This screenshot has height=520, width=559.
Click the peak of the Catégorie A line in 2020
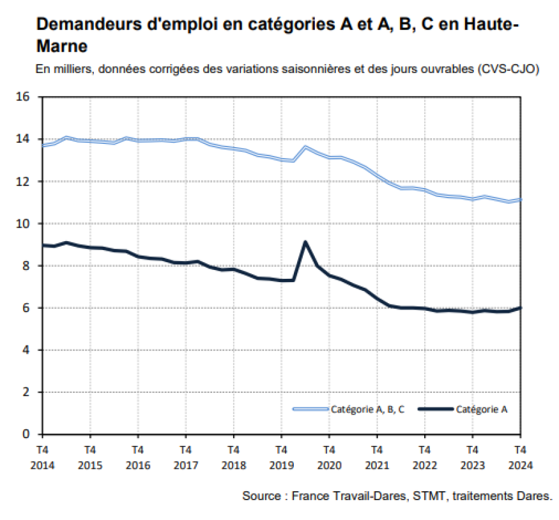pos(305,242)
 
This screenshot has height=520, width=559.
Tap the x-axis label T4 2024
pos(519,457)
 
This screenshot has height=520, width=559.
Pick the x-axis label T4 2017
pos(185,457)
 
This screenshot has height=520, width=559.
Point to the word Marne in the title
pos(62,47)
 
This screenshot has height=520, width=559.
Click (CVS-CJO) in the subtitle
pos(509,69)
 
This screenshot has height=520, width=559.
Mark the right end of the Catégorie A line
pos(520,308)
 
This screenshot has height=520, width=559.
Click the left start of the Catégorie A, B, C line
pos(42,146)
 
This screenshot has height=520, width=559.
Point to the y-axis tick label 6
pos(26,308)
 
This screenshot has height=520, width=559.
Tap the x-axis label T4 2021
pos(376,457)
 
